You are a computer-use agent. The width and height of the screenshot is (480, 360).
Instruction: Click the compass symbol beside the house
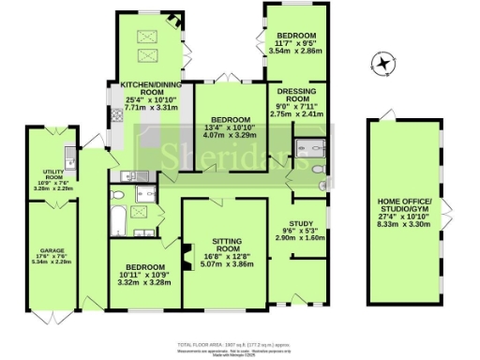point(381,64)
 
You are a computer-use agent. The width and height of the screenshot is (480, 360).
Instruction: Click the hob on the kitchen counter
point(115,117)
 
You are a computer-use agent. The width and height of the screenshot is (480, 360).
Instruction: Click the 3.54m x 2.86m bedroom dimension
point(292,50)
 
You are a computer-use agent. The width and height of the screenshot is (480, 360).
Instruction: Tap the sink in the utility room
point(67,152)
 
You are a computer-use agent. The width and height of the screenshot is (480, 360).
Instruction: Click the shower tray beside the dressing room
point(308,147)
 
